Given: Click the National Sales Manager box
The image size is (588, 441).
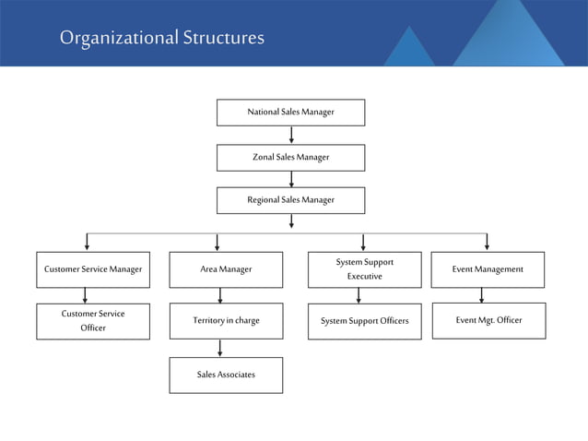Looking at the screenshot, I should [x=290, y=113].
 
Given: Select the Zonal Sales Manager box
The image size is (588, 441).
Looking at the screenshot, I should [x=290, y=158].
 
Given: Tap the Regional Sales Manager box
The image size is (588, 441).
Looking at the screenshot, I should [x=290, y=200].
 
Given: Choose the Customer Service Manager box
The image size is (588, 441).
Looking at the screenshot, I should [x=93, y=269].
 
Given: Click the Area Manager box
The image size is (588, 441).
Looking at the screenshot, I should [x=226, y=269].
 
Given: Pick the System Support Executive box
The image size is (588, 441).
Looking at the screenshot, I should [x=364, y=269].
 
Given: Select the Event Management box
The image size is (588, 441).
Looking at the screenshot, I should [x=488, y=269].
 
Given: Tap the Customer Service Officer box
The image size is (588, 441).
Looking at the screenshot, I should [x=93, y=321].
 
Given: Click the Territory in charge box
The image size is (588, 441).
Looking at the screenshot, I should [x=226, y=321].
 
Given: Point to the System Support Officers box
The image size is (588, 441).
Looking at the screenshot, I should [x=364, y=321].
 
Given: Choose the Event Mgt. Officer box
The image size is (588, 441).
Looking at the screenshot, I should [x=488, y=320].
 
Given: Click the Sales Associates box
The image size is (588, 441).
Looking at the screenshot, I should [x=226, y=375].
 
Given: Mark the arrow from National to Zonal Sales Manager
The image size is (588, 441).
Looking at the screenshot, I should [x=291, y=135].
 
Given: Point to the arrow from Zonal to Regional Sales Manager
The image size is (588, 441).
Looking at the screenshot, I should [x=291, y=179].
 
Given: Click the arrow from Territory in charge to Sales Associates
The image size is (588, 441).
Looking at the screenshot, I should [x=219, y=348].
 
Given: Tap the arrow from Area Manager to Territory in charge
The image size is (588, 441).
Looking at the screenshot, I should [x=219, y=295].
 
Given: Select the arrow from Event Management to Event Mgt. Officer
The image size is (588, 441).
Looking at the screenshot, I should [x=481, y=295].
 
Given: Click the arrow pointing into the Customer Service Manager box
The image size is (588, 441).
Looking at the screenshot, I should [x=87, y=243].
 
